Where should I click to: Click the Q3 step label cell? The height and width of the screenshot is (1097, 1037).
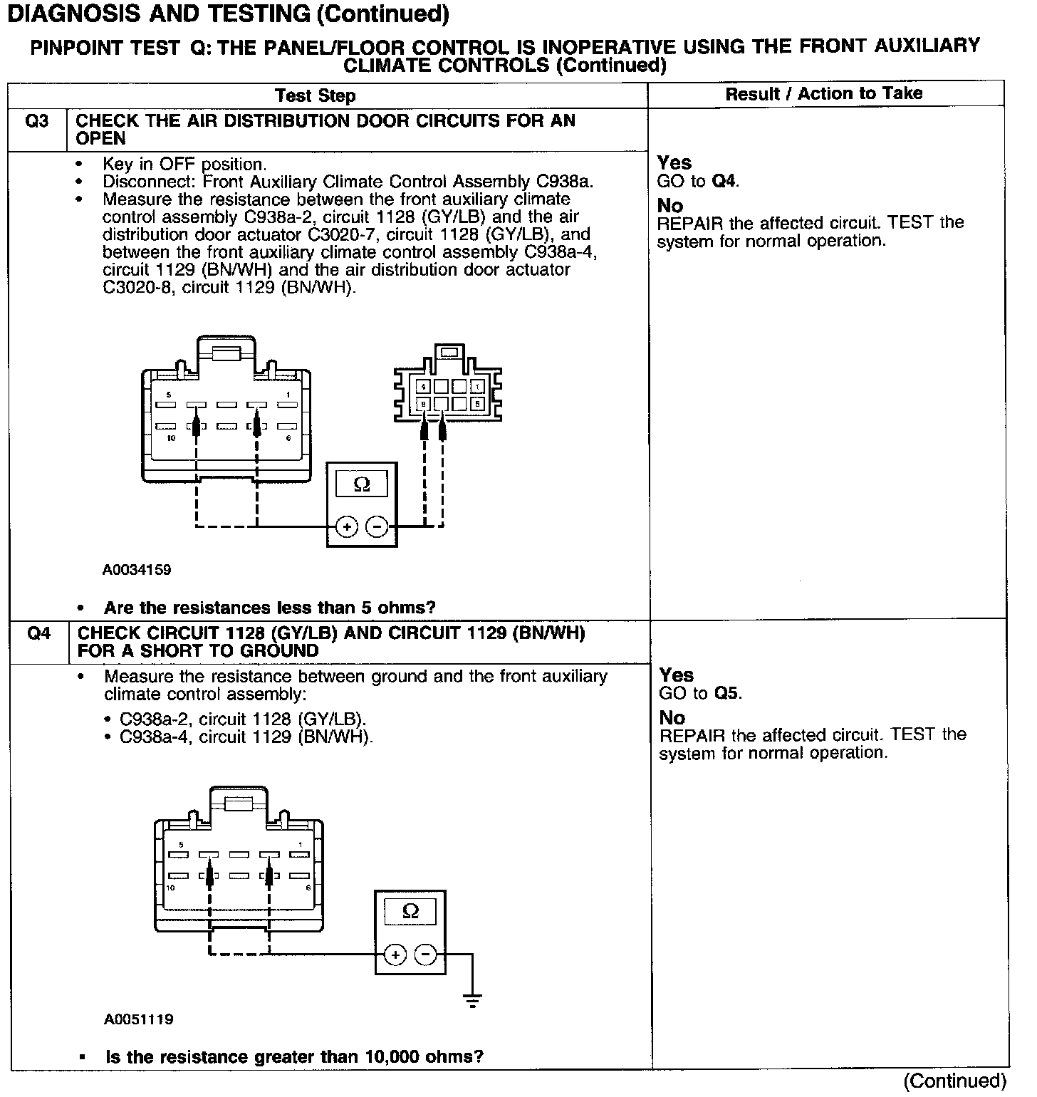(x=37, y=121)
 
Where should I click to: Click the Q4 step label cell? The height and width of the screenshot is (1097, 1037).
(x=38, y=633)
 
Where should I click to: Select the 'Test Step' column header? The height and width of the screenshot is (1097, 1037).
(x=315, y=95)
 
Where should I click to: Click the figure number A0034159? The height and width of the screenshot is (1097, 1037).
(x=137, y=570)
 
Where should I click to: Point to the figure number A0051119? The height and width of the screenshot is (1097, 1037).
(x=138, y=1019)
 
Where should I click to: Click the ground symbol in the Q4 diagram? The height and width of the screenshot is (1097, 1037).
(x=472, y=1000)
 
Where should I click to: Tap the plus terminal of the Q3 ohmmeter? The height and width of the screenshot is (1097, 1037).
(x=347, y=527)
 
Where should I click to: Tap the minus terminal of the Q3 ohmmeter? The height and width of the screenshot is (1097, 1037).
(x=377, y=527)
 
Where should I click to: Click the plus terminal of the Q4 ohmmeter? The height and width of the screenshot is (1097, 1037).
(x=395, y=954)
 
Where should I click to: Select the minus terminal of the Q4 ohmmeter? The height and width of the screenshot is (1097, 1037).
(x=426, y=954)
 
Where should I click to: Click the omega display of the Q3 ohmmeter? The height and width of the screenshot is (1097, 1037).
(x=362, y=484)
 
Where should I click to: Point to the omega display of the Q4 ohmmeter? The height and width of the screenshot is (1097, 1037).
(x=411, y=911)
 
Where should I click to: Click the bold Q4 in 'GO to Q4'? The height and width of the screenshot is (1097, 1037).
(x=724, y=182)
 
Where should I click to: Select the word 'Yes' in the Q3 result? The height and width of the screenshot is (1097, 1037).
(x=674, y=163)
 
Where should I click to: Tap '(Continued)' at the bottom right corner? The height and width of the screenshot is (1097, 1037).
(x=954, y=1081)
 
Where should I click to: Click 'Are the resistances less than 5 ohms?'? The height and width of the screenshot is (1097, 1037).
(x=269, y=608)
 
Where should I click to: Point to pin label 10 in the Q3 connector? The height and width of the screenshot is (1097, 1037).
(x=171, y=439)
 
